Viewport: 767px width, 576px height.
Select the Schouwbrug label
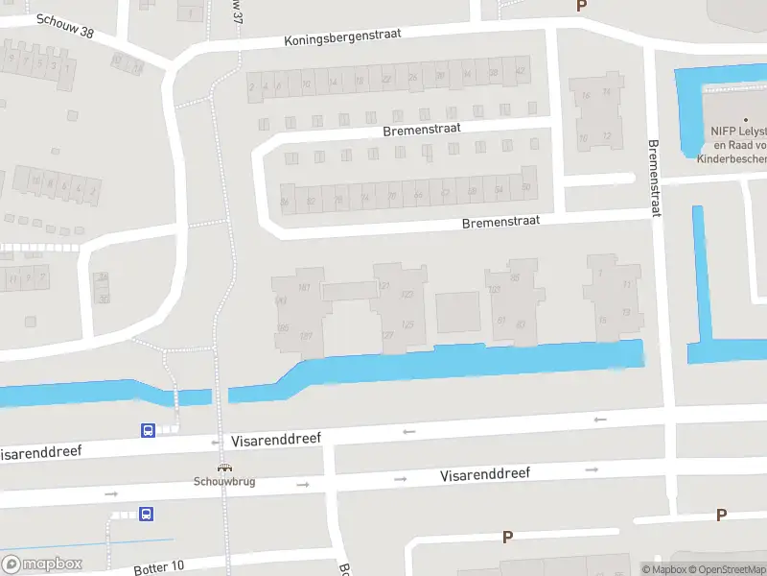(x=224, y=481)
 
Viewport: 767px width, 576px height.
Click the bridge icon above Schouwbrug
(x=224, y=468)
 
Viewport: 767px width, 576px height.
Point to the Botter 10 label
(x=157, y=565)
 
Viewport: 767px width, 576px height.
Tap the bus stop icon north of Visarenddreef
(x=148, y=431)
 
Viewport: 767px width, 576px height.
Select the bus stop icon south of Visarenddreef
(x=147, y=515)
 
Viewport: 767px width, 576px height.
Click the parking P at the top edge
(x=580, y=6)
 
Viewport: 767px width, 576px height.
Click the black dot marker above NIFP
(x=745, y=118)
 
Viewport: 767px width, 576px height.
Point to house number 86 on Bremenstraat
(x=284, y=202)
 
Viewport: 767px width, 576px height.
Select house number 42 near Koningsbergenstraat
(x=522, y=71)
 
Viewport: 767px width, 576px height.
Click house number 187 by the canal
(x=306, y=335)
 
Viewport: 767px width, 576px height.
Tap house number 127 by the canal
(x=387, y=334)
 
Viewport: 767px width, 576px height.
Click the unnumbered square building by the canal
(x=457, y=311)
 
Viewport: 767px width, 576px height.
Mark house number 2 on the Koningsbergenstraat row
(x=252, y=86)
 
